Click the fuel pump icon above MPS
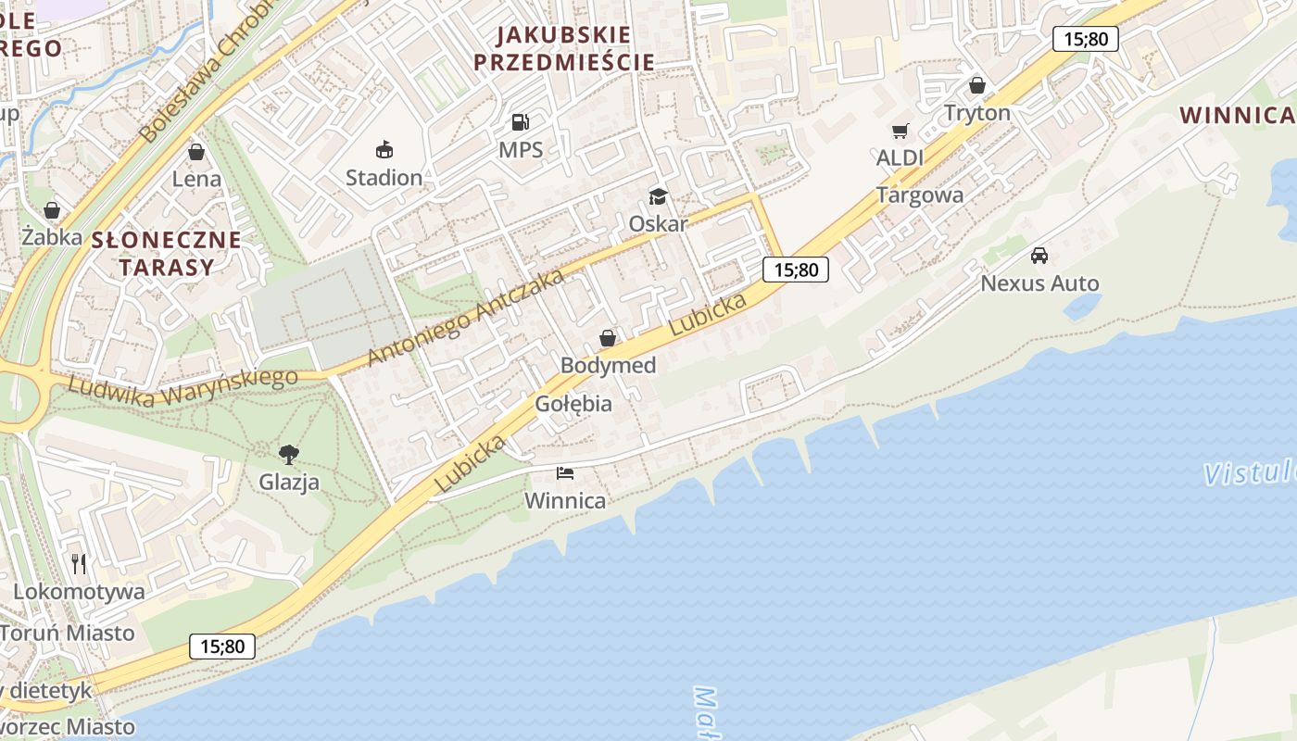(x=521, y=122)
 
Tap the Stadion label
(x=384, y=177)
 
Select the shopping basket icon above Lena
(x=195, y=152)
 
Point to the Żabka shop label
(x=52, y=237)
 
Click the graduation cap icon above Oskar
(x=658, y=196)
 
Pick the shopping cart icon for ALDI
(x=900, y=132)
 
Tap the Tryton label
(x=976, y=113)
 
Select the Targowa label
(x=919, y=195)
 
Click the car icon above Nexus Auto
(x=1039, y=256)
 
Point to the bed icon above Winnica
(x=565, y=473)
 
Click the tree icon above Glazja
(x=289, y=454)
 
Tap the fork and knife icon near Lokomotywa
(x=79, y=563)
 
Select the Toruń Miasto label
(x=68, y=634)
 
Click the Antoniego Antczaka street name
(x=465, y=317)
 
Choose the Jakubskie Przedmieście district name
(x=563, y=49)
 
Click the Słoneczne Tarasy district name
(x=166, y=254)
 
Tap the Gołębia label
(x=573, y=404)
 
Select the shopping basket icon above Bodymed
(x=608, y=338)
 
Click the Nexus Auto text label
(x=1039, y=283)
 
